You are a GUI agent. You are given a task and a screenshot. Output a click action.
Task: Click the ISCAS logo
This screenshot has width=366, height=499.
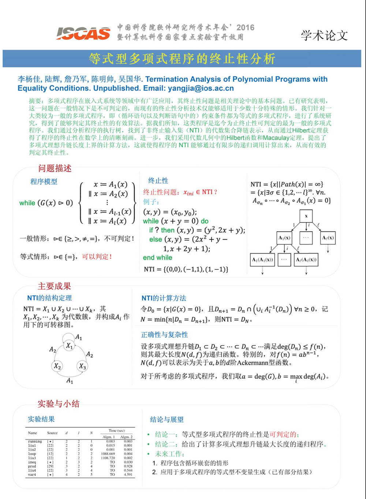point(83,33)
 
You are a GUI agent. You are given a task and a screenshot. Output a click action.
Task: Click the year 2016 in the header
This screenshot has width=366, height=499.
point(245,27)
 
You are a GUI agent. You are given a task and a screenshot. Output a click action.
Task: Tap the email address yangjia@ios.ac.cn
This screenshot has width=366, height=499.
point(201,88)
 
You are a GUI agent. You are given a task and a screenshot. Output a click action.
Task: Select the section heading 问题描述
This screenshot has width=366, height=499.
point(55,169)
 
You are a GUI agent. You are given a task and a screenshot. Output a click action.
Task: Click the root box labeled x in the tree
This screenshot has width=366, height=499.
point(306,216)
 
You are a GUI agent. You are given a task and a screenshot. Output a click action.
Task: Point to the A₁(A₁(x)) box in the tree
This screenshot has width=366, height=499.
point(262,260)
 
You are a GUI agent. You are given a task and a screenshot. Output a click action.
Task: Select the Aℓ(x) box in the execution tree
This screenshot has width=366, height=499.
point(328,238)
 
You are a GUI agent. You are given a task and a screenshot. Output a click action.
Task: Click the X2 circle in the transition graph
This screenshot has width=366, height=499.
point(57,366)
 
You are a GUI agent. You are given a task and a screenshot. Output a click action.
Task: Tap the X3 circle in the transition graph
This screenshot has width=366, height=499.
point(82,366)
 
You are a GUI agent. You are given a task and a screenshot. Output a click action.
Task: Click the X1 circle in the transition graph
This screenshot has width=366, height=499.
point(69,345)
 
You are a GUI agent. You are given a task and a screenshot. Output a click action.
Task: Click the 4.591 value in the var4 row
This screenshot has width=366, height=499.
point(128,474)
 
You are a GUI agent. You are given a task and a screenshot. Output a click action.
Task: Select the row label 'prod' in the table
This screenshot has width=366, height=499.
point(32,466)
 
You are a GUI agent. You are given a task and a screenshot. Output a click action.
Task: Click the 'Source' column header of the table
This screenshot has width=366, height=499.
point(52,433)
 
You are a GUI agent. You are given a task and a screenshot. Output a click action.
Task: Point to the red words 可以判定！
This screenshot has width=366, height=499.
point(97,257)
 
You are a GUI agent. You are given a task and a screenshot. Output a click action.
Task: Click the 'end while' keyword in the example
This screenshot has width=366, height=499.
point(157,258)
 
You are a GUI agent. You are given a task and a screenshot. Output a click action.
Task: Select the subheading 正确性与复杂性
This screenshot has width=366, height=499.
point(164,334)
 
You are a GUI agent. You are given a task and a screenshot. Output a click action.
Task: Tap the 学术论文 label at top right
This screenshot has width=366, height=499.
point(324,35)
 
